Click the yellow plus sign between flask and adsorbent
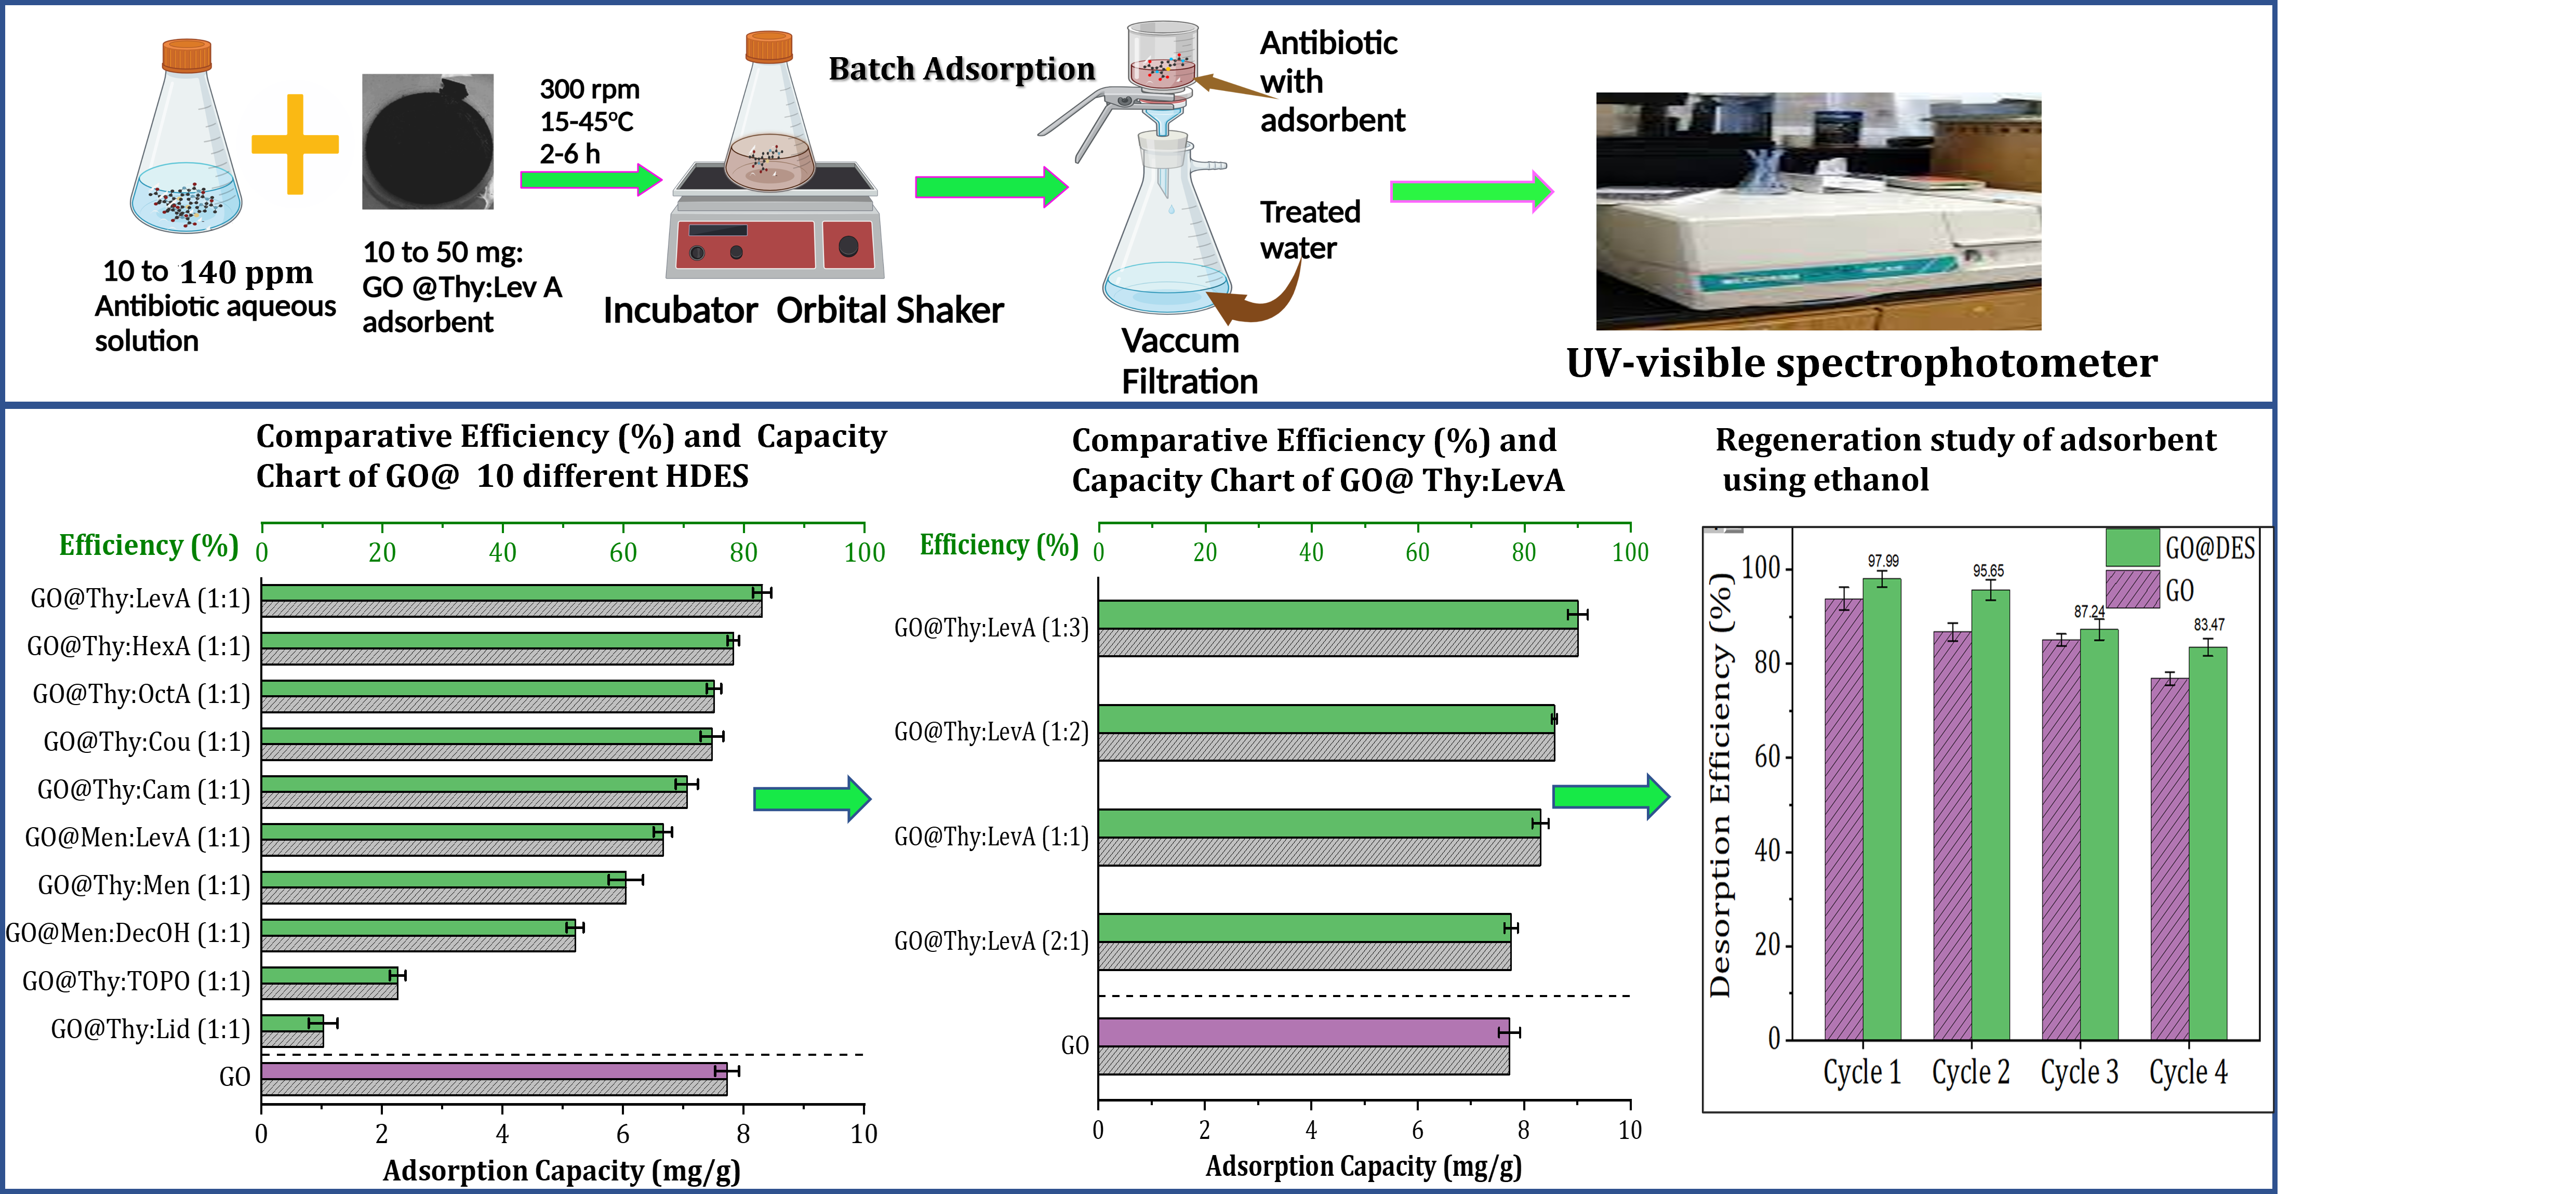pyautogui.click(x=295, y=144)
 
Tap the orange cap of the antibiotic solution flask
pyautogui.click(x=187, y=55)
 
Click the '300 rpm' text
pyautogui.click(x=590, y=89)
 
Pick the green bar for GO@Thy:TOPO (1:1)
pyautogui.click(x=329, y=975)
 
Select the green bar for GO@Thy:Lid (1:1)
pyautogui.click(x=292, y=1023)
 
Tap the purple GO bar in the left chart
pyautogui.click(x=493, y=1071)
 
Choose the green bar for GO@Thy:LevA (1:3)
pyautogui.click(x=1337, y=614)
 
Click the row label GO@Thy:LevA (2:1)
pyautogui.click(x=990, y=941)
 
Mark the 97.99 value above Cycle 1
pyautogui.click(x=1882, y=561)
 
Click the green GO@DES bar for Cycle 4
pyautogui.click(x=2208, y=844)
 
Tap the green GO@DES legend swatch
pyautogui.click(x=2132, y=548)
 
